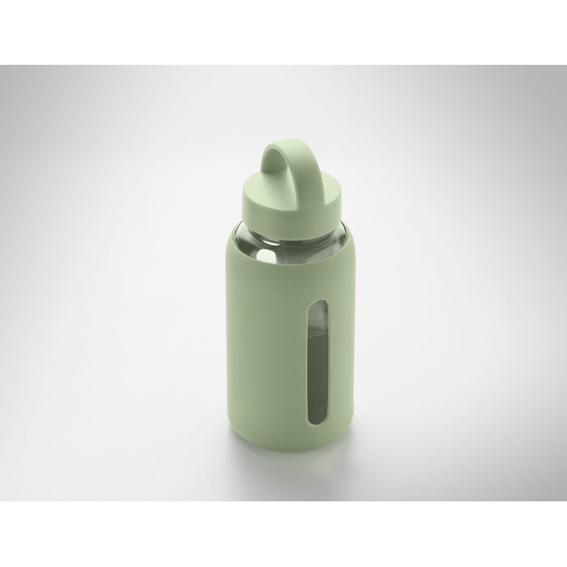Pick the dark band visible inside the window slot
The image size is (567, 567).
(297, 364)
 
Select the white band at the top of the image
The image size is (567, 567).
(283, 32)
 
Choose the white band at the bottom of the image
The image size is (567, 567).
(283, 535)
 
